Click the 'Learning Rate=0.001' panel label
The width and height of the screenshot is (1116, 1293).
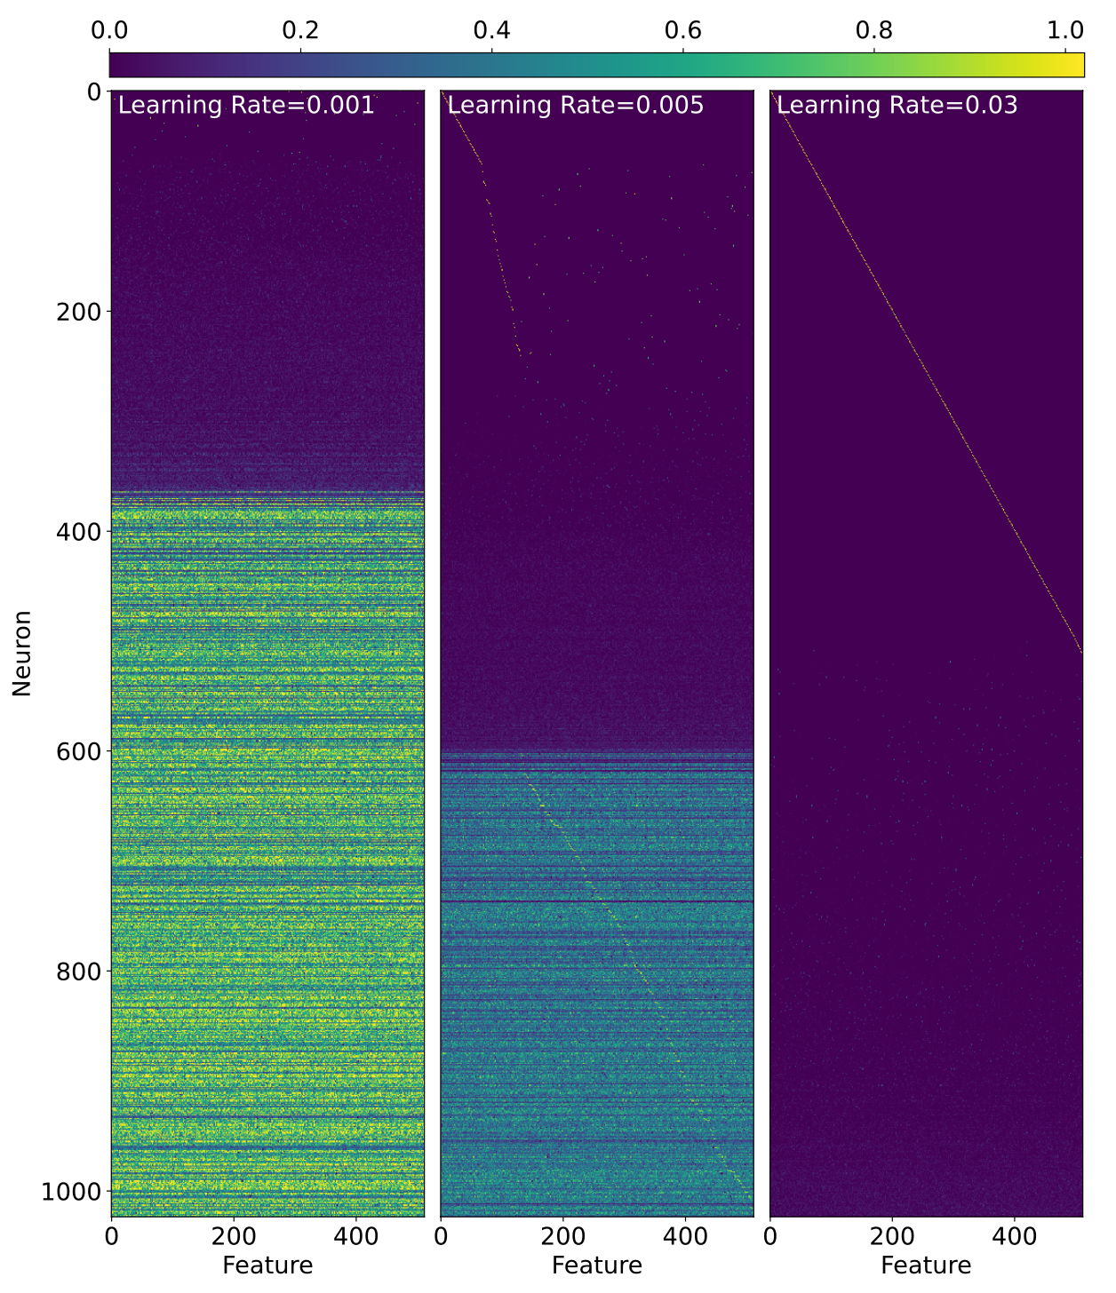click(246, 106)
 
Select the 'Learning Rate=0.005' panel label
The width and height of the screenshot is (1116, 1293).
click(575, 106)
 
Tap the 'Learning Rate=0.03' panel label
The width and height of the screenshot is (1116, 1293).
click(897, 106)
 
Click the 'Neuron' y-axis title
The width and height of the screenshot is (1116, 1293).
click(22, 653)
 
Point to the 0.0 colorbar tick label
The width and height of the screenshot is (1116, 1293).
click(109, 30)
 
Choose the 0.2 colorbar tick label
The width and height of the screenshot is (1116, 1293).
click(300, 30)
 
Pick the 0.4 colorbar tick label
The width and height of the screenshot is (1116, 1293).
click(491, 30)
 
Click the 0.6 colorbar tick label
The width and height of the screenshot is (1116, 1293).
click(682, 30)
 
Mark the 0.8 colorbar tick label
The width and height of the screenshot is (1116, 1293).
click(873, 30)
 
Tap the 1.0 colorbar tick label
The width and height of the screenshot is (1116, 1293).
click(1064, 30)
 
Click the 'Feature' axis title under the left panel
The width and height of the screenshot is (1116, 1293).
click(267, 1265)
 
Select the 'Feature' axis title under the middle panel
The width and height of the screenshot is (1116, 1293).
click(597, 1265)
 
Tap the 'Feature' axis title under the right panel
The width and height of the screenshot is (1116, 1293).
click(926, 1265)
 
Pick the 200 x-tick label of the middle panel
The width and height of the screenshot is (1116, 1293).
click(562, 1236)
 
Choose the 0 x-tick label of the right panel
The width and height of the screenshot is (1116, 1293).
click(770, 1236)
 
